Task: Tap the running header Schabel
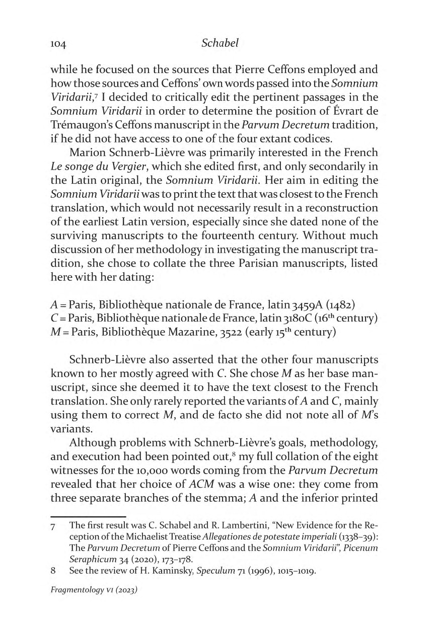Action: (219, 43)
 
